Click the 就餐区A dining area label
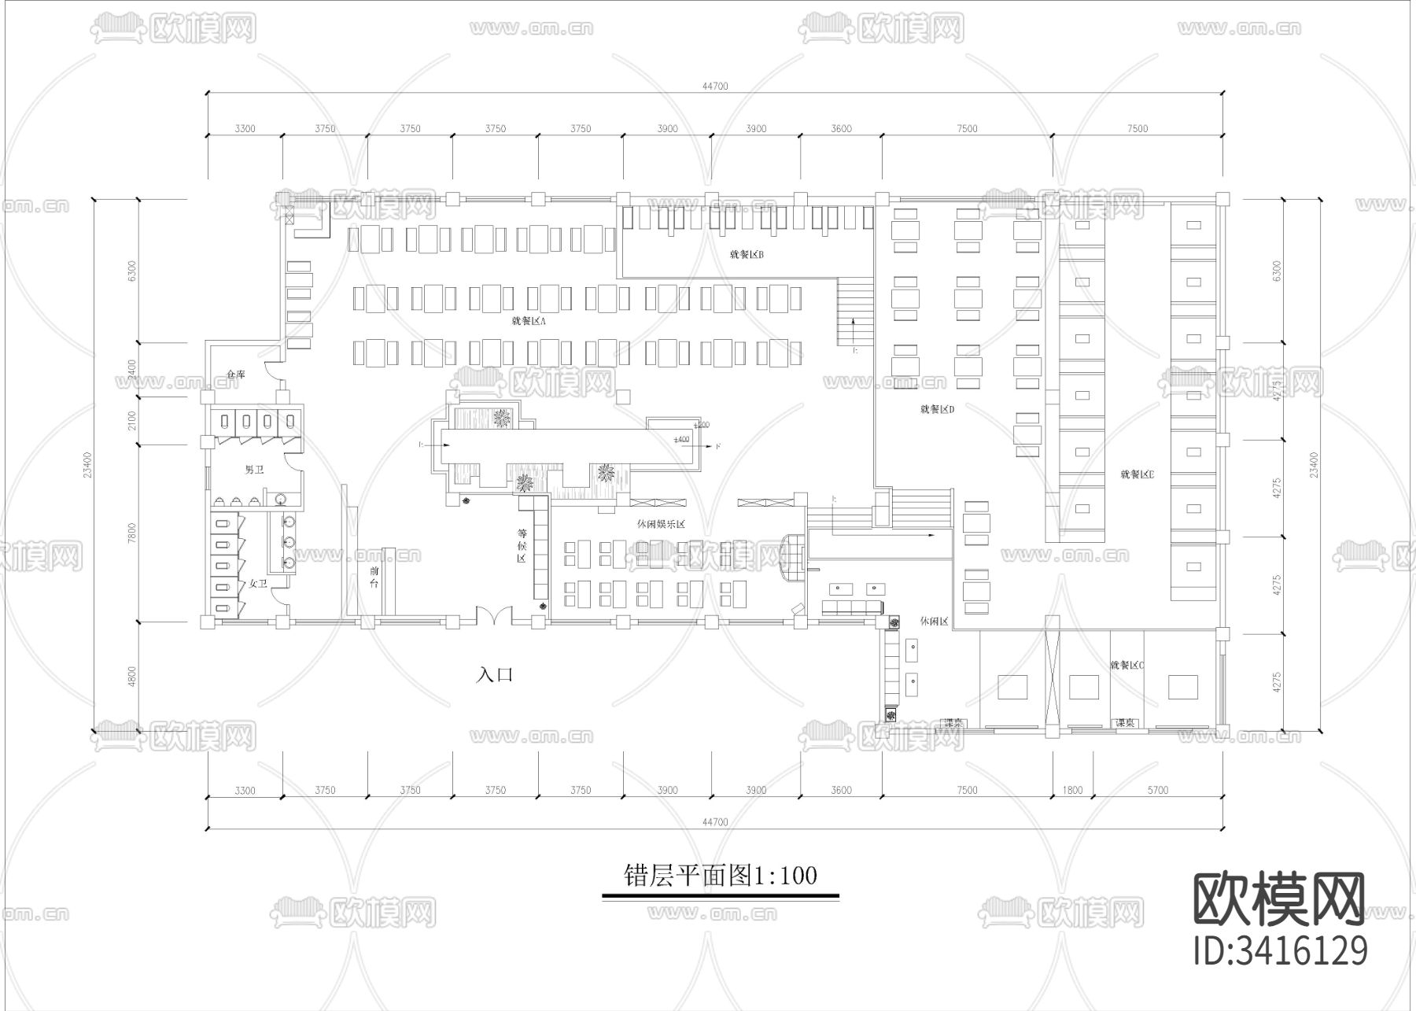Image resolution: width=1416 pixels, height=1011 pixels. click(529, 321)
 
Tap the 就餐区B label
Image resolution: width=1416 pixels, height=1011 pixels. click(747, 254)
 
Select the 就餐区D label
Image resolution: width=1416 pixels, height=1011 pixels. click(937, 409)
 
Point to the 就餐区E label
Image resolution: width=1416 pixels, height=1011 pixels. click(1137, 474)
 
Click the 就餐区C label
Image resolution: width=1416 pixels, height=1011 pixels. click(1127, 665)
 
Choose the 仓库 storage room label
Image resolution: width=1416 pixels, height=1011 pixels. click(236, 375)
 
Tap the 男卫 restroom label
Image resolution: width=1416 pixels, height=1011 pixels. click(254, 470)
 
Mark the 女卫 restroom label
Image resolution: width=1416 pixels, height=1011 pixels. click(258, 584)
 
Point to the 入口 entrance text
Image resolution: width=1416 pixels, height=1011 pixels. click(495, 674)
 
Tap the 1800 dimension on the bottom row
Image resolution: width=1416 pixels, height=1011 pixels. click(1072, 790)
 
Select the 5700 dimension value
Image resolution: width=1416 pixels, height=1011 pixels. click(1157, 790)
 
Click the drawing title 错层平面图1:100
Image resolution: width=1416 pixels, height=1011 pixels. click(720, 876)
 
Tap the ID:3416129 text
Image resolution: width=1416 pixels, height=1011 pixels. click(1280, 950)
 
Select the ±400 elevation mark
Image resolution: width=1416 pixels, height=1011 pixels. click(681, 439)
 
